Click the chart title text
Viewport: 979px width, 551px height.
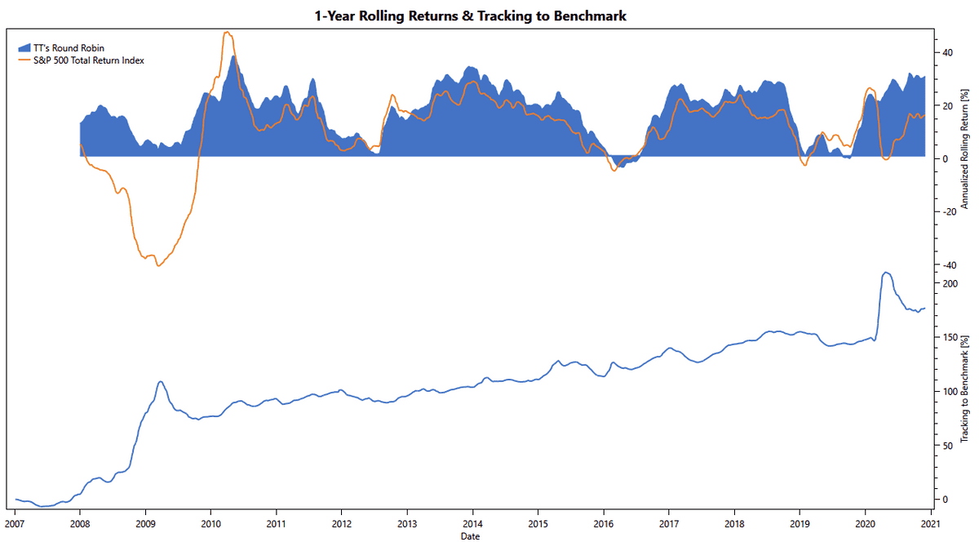(471, 16)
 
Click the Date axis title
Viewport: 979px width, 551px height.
(469, 536)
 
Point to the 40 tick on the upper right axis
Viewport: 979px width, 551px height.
(947, 52)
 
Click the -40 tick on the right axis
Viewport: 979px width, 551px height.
(948, 265)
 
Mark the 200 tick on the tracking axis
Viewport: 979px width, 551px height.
(950, 284)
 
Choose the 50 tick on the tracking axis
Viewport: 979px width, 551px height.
(947, 446)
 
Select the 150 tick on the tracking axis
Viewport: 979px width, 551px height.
(950, 338)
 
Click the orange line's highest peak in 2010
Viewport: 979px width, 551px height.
(227, 33)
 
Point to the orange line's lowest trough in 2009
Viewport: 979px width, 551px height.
(158, 266)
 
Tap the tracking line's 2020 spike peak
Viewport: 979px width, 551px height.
(886, 273)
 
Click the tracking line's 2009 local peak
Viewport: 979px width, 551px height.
(161, 381)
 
